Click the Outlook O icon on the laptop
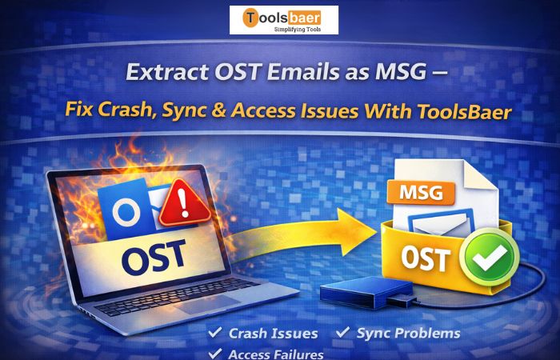click(125, 213)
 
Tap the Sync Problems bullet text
click(408, 332)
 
